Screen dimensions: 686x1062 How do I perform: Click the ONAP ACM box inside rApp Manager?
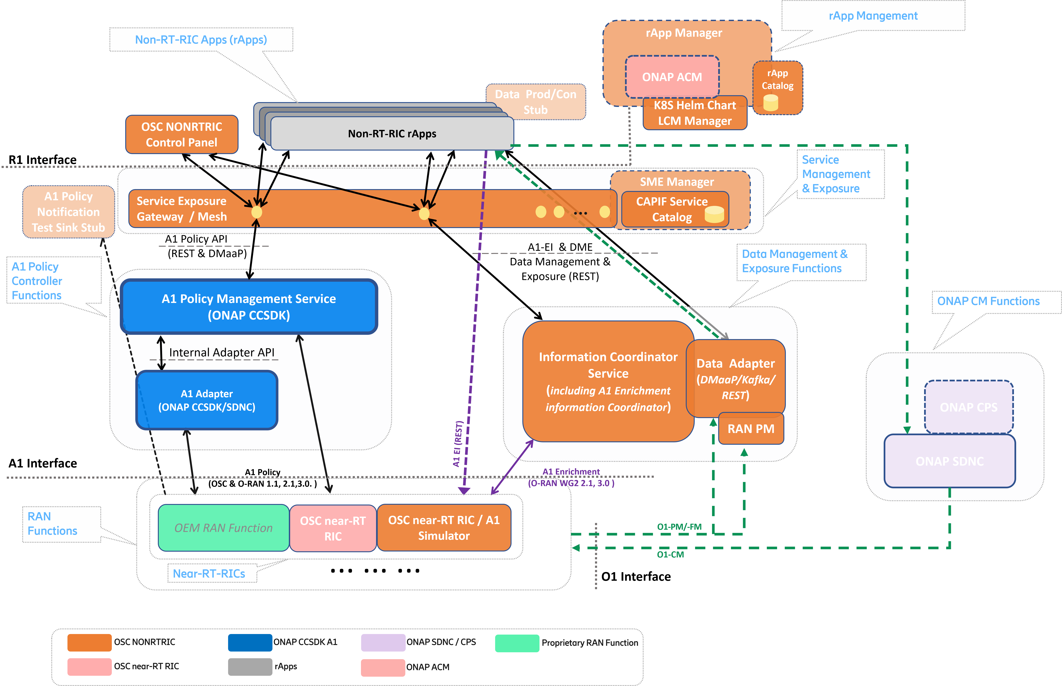[x=672, y=77]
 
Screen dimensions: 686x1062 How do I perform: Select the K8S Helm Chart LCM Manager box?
[x=695, y=113]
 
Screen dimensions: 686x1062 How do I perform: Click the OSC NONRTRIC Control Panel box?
[x=182, y=135]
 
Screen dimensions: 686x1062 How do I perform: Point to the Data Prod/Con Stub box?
[x=535, y=102]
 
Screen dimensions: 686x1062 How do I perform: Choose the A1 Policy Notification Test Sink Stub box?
[x=69, y=212]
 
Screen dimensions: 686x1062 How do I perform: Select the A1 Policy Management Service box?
[x=249, y=307]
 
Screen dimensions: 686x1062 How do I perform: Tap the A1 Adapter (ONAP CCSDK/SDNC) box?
[x=207, y=400]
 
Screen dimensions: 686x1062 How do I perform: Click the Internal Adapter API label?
[x=221, y=352]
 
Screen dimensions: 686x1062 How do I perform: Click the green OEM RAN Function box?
[x=223, y=528]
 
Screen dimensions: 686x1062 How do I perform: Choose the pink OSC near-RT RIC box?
[x=333, y=528]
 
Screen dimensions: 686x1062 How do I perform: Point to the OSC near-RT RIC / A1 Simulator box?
[x=444, y=528]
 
